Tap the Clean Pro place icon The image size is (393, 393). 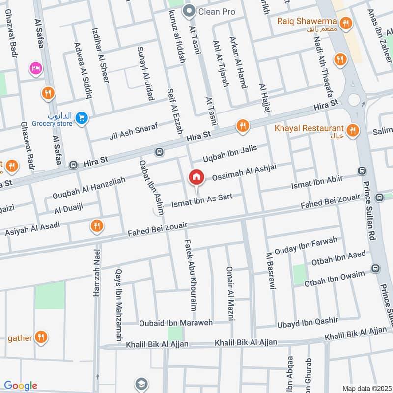coord(188,11)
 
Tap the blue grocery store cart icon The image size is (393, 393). coord(82,117)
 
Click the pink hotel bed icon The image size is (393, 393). coord(35,67)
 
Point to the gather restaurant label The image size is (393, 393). coord(20,338)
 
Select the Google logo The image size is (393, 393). coord(20,386)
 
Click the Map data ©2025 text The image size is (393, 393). coord(365,388)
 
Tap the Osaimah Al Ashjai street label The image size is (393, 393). coord(244,172)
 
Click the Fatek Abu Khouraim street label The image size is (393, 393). coord(190,275)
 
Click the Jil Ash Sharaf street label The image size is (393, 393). coord(134,132)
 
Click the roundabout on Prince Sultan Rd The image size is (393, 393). coord(354,100)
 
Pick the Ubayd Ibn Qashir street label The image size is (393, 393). coord(308,322)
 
